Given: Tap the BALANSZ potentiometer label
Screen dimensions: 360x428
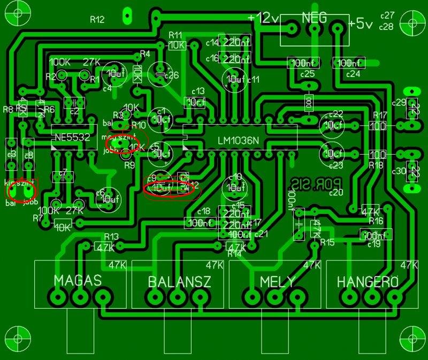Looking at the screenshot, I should [x=179, y=281].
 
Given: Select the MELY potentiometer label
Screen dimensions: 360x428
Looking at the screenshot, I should [x=278, y=281].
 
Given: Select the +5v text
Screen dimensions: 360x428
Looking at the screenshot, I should [x=361, y=24].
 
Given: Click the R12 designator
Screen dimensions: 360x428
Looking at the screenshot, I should [x=97, y=20].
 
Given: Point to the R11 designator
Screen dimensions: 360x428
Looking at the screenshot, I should [x=175, y=35].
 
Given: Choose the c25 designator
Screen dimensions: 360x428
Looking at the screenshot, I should [x=308, y=74].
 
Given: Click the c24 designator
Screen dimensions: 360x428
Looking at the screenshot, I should [x=353, y=74].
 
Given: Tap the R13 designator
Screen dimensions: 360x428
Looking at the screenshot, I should [x=111, y=236].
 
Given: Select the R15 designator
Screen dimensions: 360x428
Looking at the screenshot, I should [x=327, y=242].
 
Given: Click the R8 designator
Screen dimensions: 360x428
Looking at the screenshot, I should [x=8, y=109].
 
